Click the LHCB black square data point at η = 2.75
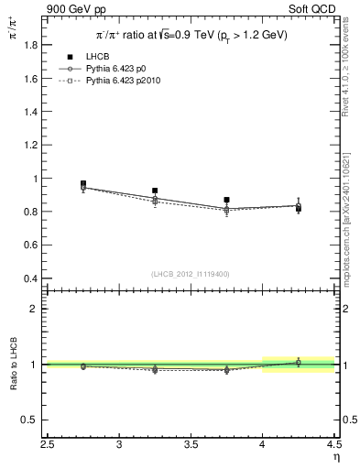coord(83,184)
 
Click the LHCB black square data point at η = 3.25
coord(155,191)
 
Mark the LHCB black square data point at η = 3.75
coord(226,200)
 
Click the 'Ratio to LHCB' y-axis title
coord(12,366)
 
